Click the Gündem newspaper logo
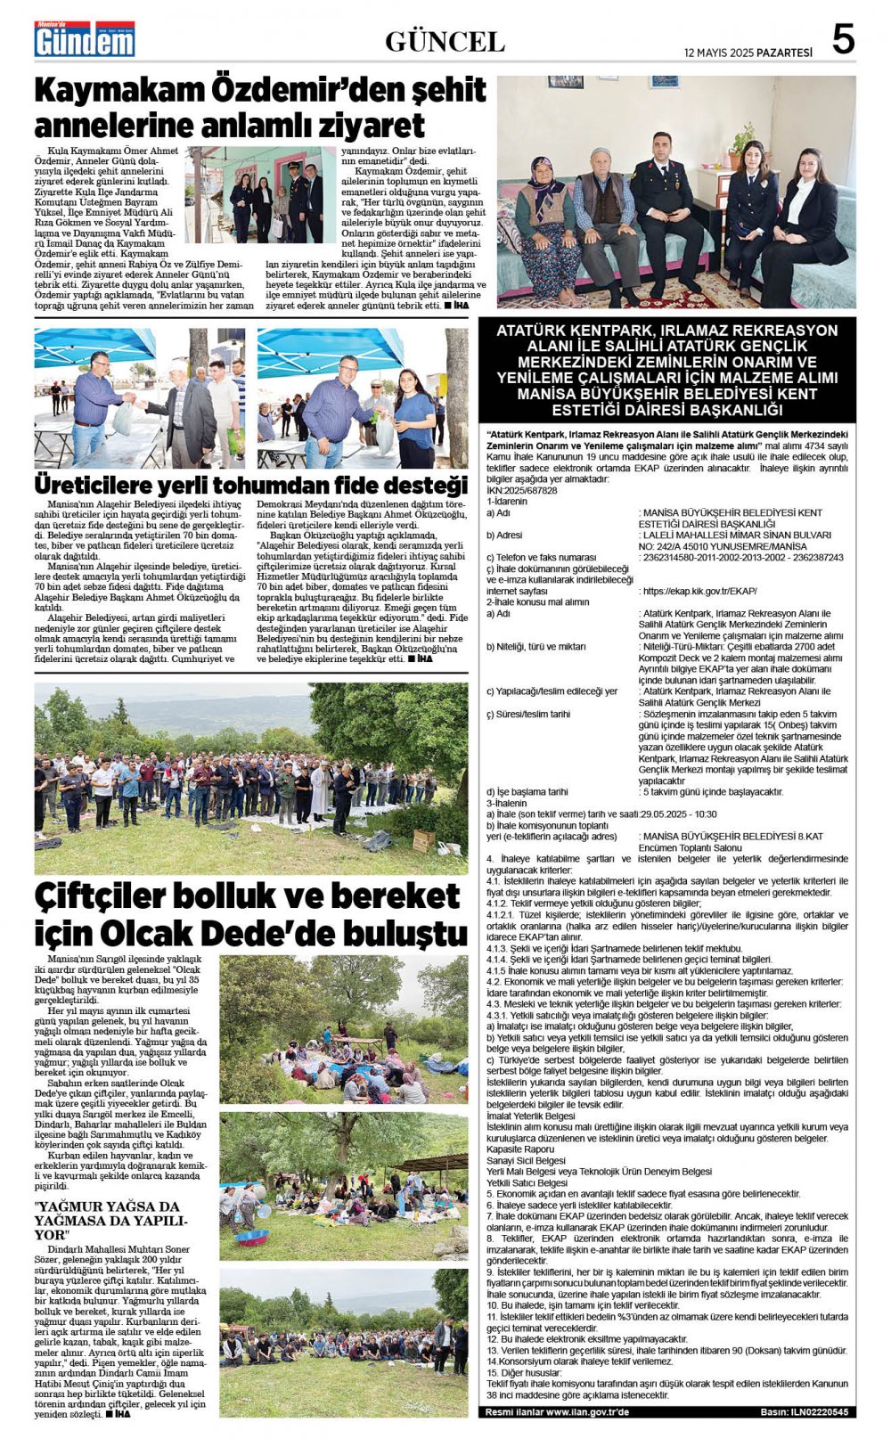pos(85,40)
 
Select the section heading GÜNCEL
pos(445,42)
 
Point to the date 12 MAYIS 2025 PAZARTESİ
pos(748,53)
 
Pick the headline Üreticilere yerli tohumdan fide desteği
pos(250,486)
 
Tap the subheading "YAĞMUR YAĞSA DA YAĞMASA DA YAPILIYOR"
pos(111,1220)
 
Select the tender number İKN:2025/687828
pos(522,490)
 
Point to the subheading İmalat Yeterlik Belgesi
pos(531,1116)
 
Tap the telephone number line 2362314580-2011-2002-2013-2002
pos(741,558)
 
